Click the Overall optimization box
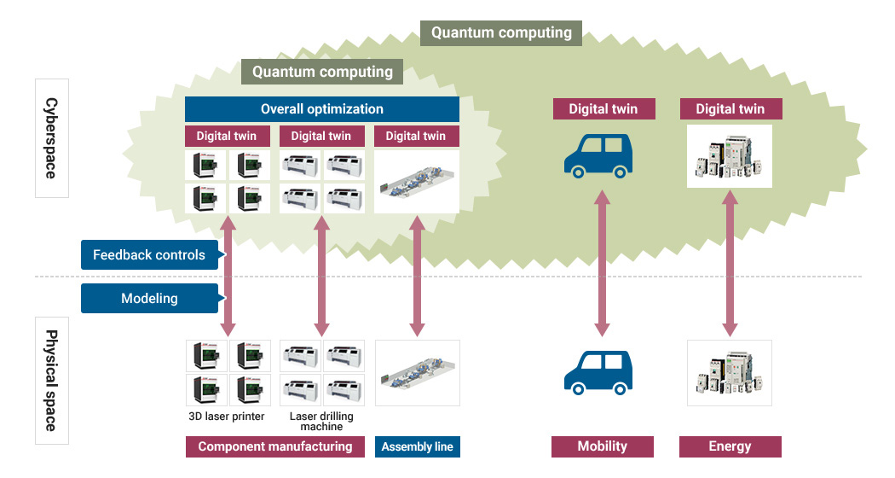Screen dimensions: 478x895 322,109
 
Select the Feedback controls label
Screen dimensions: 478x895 149,254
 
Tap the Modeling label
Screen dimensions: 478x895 149,298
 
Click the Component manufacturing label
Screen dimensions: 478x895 274,446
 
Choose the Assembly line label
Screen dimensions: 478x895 417,446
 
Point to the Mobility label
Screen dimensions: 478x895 602,446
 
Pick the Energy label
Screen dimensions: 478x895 730,446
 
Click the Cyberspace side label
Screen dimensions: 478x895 51,137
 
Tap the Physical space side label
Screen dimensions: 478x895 51,380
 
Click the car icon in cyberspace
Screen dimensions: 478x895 602,154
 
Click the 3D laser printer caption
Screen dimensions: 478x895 227,417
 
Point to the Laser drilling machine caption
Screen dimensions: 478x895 321,421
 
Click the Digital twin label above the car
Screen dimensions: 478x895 602,108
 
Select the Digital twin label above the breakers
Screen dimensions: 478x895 730,108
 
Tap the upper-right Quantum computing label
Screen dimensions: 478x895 501,33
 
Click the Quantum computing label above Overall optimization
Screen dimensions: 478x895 322,72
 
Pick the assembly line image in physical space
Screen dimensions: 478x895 417,373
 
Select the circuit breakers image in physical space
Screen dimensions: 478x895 730,373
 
